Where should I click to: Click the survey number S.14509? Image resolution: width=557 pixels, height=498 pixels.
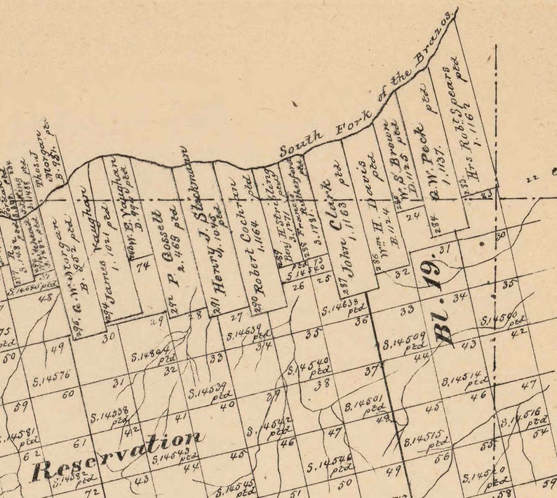pos(404,342)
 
